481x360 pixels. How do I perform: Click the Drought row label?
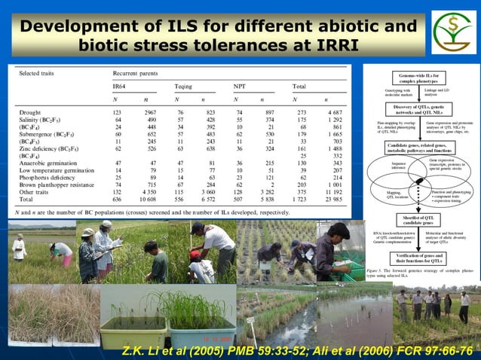tap(31, 112)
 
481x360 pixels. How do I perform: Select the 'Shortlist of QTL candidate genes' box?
tap(420, 221)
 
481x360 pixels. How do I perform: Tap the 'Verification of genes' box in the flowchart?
tap(419, 259)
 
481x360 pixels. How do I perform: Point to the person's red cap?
tap(194, 257)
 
